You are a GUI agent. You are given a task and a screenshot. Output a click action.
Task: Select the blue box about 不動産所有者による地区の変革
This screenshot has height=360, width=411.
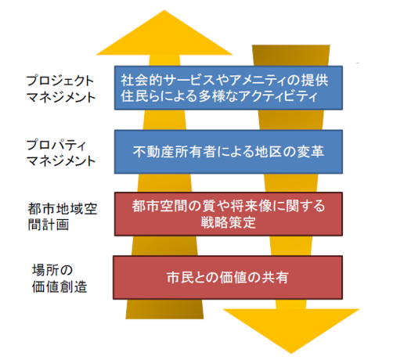[229, 152]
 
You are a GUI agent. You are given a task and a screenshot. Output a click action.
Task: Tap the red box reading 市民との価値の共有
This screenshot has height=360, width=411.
[228, 278]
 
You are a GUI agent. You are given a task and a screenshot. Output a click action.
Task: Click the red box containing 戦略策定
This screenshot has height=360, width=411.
[229, 214]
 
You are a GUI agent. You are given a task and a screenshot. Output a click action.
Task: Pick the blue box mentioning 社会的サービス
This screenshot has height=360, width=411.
[229, 88]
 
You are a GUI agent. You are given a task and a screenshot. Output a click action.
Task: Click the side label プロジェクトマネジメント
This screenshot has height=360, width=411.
[61, 88]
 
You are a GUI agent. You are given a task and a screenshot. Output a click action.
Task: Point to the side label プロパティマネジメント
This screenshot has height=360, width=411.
[61, 153]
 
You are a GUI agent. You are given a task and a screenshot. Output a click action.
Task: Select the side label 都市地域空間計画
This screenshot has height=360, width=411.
[63, 217]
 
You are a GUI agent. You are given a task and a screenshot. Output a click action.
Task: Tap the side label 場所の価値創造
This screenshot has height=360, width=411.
[59, 279]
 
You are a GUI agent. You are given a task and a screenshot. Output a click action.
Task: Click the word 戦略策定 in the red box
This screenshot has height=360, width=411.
[229, 223]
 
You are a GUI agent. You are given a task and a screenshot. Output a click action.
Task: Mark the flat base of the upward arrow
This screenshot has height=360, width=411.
[164, 319]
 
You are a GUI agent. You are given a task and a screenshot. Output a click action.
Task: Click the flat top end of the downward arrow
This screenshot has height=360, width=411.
[291, 46]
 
